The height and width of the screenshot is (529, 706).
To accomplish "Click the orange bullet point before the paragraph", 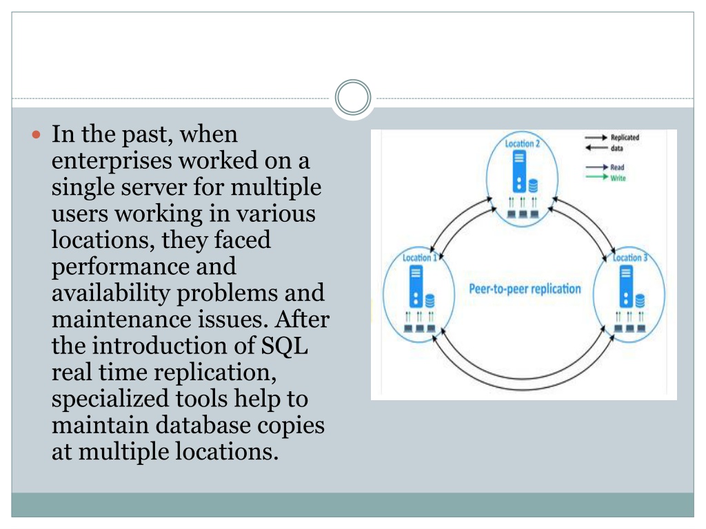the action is point(37,134).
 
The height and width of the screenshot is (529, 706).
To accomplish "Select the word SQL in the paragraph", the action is point(285,346).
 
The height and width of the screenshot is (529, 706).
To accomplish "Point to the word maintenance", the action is point(121,320).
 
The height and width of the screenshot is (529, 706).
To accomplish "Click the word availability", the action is point(110,293).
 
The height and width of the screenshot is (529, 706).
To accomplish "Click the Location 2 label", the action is point(523,144).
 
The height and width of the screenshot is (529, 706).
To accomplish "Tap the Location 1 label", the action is point(420,258).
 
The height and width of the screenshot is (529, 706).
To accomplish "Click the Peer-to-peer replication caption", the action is point(525,289).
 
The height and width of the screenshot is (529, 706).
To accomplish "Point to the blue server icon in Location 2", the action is point(519,172).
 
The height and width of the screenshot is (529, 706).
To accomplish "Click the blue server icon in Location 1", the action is point(416,286).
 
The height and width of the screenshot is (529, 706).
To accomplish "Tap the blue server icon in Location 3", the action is point(626,286).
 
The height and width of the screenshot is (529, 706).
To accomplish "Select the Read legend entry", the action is point(605,167).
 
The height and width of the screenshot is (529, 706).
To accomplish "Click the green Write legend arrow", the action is point(597,177).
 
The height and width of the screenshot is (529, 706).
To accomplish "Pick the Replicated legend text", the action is point(625,138).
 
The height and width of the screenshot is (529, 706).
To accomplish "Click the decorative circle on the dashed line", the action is point(353,98).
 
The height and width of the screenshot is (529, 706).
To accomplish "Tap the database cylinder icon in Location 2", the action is point(533,186).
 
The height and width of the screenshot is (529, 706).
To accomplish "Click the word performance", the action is point(143,267).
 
